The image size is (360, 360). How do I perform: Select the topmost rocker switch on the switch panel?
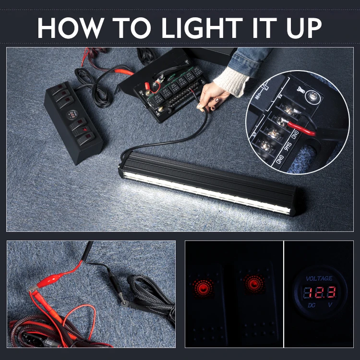(60, 89)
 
